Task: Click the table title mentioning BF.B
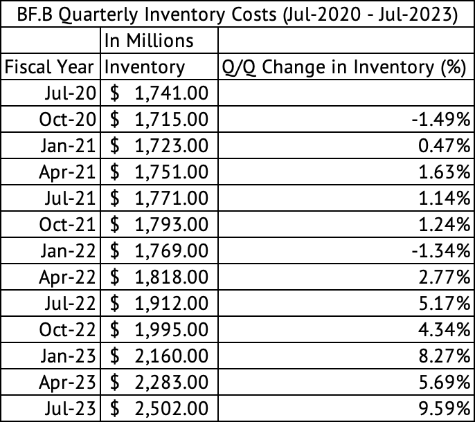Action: [x=238, y=14]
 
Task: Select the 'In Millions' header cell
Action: [x=149, y=41]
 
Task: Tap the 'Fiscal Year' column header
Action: [x=49, y=67]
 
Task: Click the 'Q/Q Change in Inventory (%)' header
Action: [x=344, y=67]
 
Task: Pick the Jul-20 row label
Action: [x=71, y=93]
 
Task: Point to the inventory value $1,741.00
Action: [x=159, y=93]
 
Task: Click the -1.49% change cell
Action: [x=441, y=119]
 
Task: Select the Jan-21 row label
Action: [x=68, y=145]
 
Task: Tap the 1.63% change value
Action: [x=445, y=172]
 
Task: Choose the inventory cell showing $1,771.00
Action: [x=159, y=198]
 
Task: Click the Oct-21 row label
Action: [x=67, y=224]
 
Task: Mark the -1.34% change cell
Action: [x=441, y=250]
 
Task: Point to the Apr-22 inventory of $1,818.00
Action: [x=159, y=277]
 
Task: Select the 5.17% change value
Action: [x=445, y=303]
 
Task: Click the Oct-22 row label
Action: [x=67, y=329]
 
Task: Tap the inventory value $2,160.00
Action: [x=159, y=356]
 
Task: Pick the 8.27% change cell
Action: [x=445, y=356]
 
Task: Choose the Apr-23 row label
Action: [x=67, y=382]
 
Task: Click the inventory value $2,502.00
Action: [x=159, y=408]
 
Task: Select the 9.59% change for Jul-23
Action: [x=445, y=408]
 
